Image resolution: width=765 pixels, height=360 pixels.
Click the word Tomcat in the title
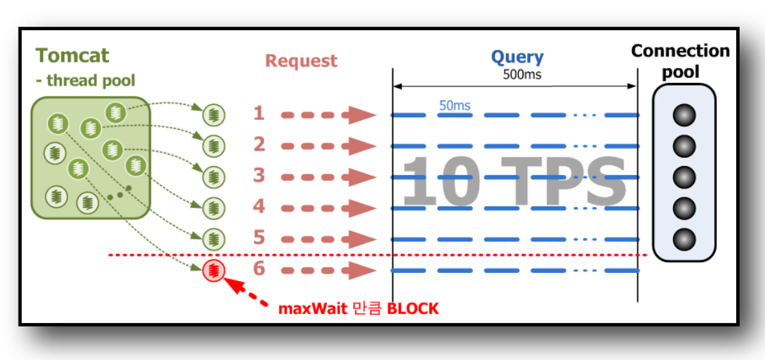point(72,55)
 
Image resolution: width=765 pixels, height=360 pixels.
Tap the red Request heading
point(301,61)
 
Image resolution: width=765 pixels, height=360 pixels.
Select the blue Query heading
point(517,58)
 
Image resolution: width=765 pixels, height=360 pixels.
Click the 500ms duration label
point(522,74)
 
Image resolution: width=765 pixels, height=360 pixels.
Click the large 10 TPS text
point(514,181)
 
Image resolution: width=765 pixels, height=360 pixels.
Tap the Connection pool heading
point(680,61)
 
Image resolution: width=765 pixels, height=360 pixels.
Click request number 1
point(258,113)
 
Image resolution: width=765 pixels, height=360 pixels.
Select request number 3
point(258,176)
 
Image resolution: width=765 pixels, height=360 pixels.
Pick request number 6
point(258,269)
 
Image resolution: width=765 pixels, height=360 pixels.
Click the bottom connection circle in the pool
point(683,239)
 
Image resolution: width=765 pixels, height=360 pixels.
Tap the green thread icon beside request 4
point(215,206)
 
